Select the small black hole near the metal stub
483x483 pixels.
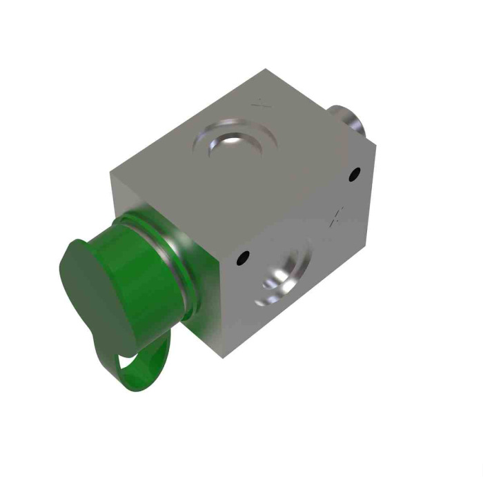356,174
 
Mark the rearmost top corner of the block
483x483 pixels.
265,70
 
